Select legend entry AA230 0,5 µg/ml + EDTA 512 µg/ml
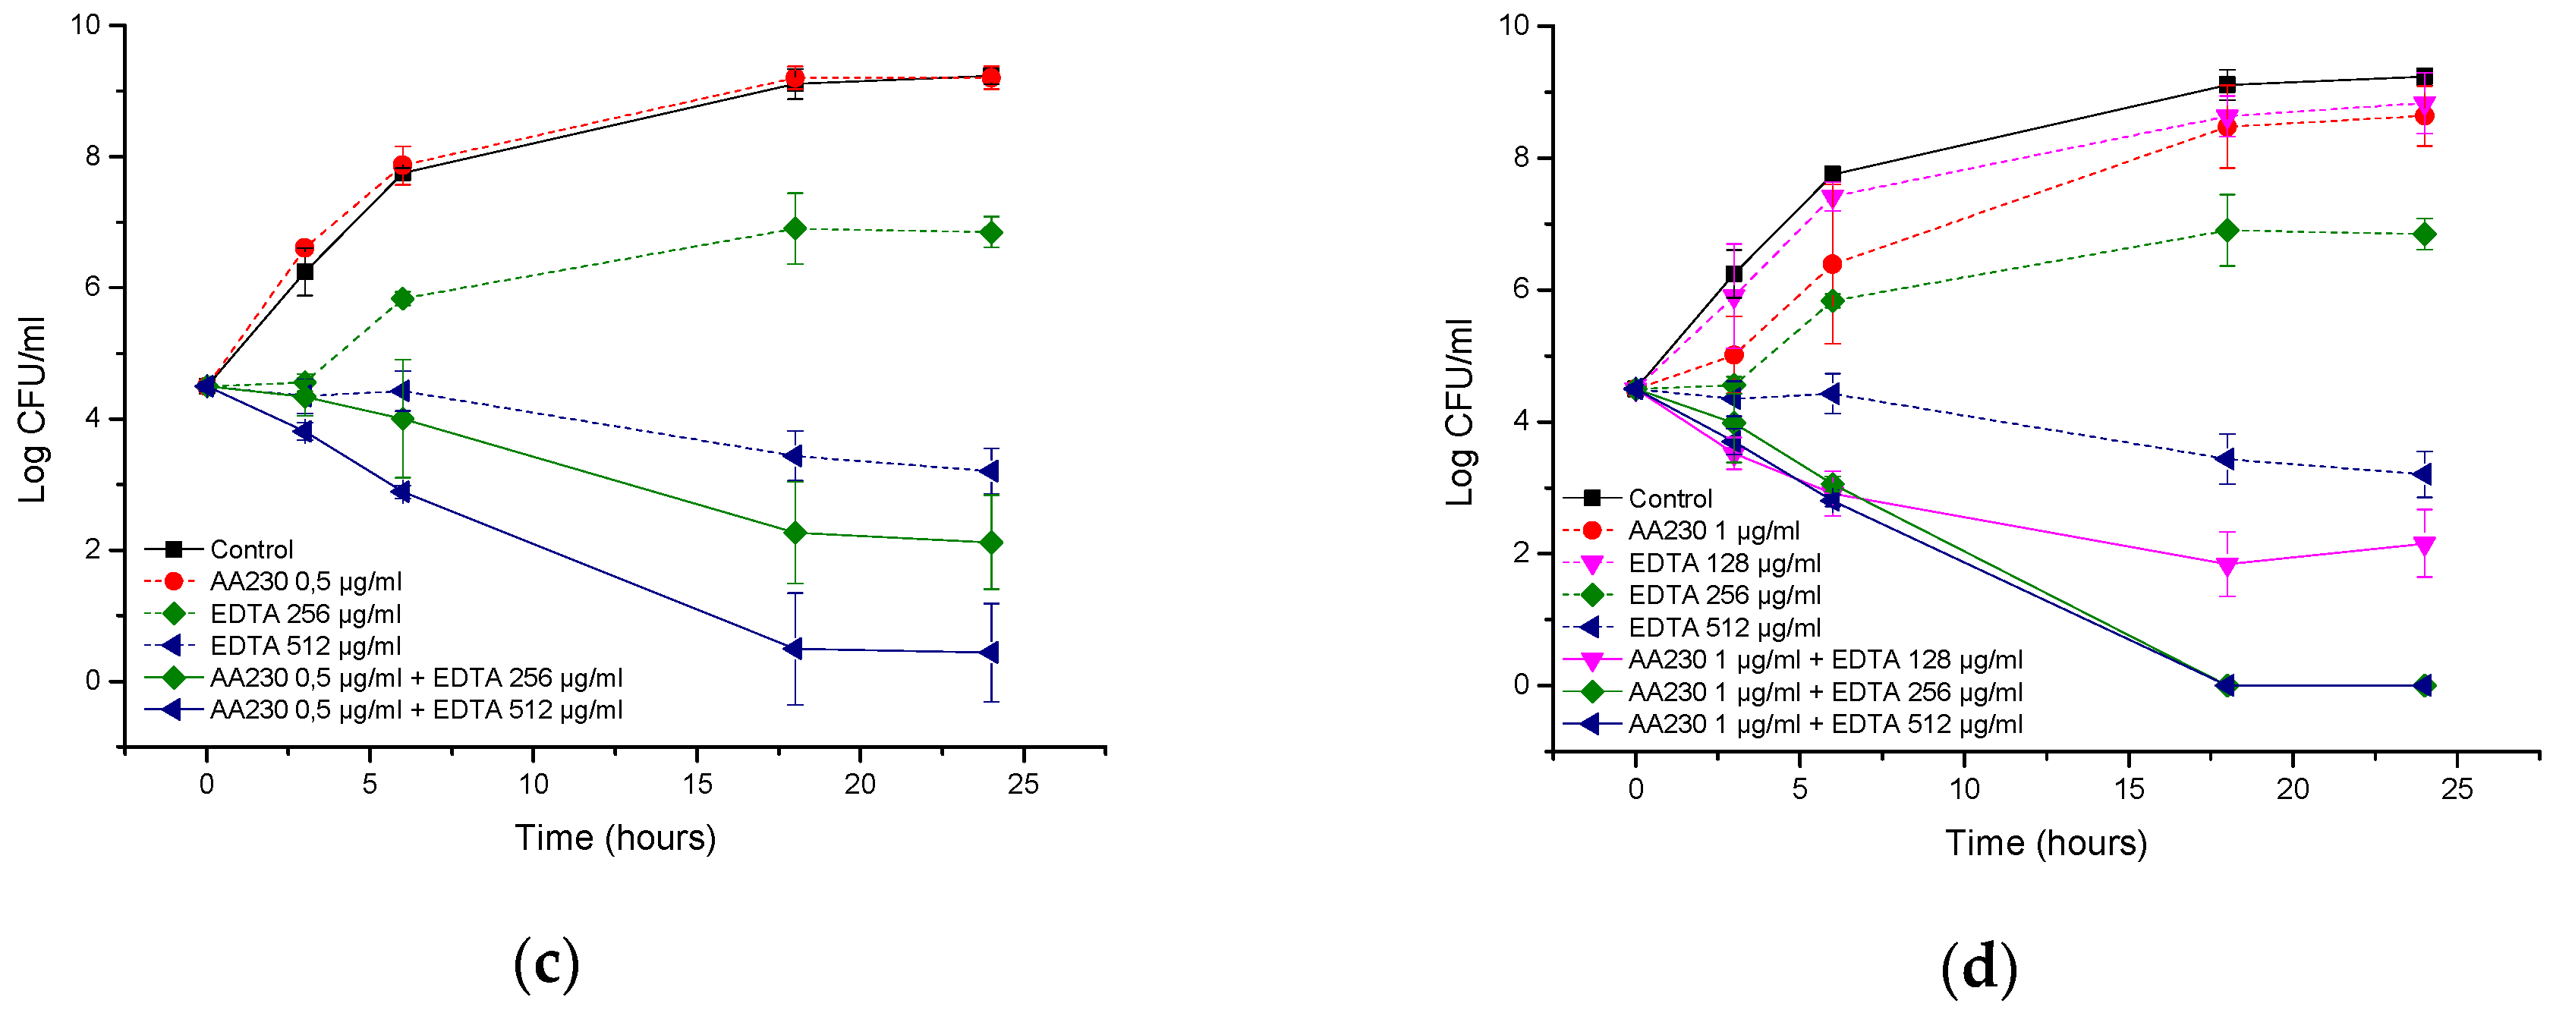point(415,709)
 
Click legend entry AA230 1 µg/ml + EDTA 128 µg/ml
point(1824,660)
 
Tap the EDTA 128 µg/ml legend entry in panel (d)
point(1724,563)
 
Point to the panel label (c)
point(546,964)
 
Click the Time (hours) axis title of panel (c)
point(615,838)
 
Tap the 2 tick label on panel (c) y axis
point(93,549)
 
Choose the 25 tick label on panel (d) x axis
point(2457,789)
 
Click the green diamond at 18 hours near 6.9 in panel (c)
point(795,229)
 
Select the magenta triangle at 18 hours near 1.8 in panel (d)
point(2227,566)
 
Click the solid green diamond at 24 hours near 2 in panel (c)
point(991,543)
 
